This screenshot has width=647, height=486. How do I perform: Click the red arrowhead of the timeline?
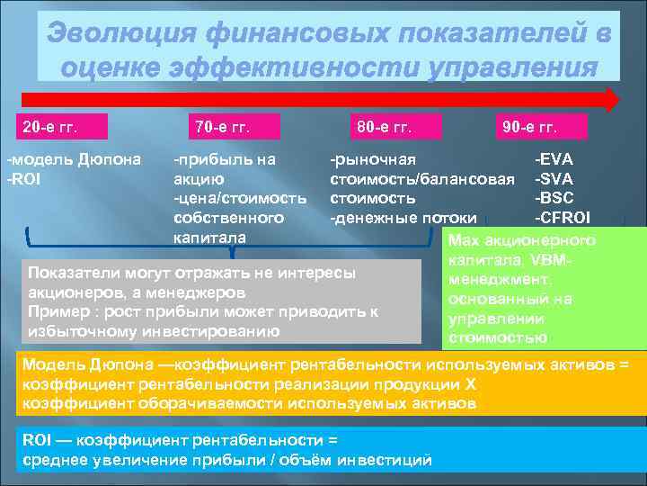(611, 99)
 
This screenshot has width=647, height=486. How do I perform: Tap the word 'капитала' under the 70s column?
(204, 238)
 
